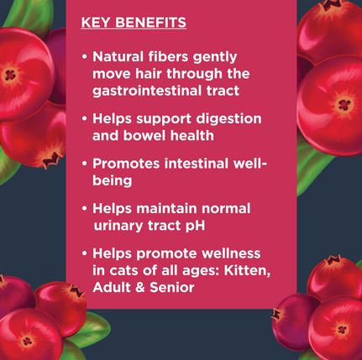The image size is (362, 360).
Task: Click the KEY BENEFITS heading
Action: point(134,23)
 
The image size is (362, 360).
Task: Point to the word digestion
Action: point(228,119)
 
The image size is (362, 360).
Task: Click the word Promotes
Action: point(126,164)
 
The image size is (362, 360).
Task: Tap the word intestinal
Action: point(197,164)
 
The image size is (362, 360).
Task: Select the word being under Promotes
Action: point(113,181)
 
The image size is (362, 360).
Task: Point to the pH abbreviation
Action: point(195,226)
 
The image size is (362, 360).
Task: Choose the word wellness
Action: point(231,253)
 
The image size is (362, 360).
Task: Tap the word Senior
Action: point(172,288)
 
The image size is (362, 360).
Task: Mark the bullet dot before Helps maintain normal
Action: point(85,209)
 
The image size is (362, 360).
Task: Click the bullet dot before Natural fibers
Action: point(85,57)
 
